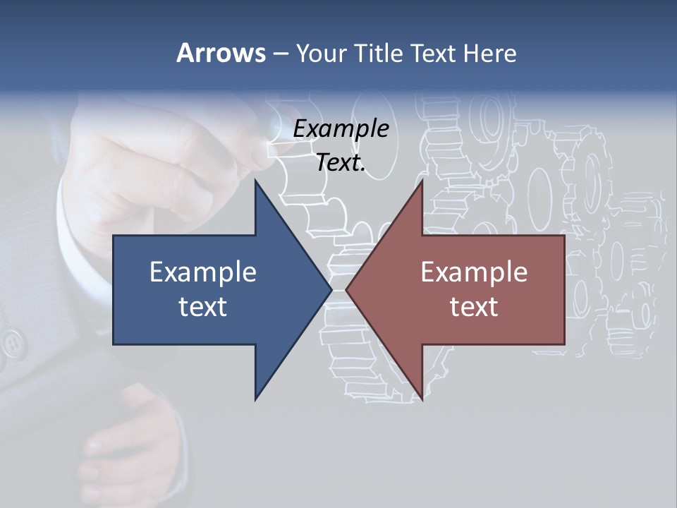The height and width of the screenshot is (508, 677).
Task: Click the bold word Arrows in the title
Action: (221, 53)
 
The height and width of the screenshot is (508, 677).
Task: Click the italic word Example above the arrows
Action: (341, 129)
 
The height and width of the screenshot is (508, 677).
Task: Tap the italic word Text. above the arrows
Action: (341, 163)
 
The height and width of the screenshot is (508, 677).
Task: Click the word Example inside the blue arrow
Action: (203, 272)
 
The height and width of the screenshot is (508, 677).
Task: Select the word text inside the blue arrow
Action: (203, 307)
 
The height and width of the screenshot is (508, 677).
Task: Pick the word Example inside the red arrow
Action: (474, 272)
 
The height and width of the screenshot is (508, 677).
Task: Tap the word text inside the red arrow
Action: (474, 307)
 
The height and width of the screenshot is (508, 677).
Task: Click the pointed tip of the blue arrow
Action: (331, 289)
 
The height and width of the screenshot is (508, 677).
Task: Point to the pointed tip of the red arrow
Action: (346, 289)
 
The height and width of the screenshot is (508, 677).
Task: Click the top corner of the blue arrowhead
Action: (256, 180)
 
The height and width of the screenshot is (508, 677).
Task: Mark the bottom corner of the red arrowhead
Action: (422, 400)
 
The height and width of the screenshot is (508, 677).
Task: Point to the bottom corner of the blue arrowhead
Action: (256, 400)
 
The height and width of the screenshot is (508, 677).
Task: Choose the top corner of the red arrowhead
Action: (422, 180)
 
